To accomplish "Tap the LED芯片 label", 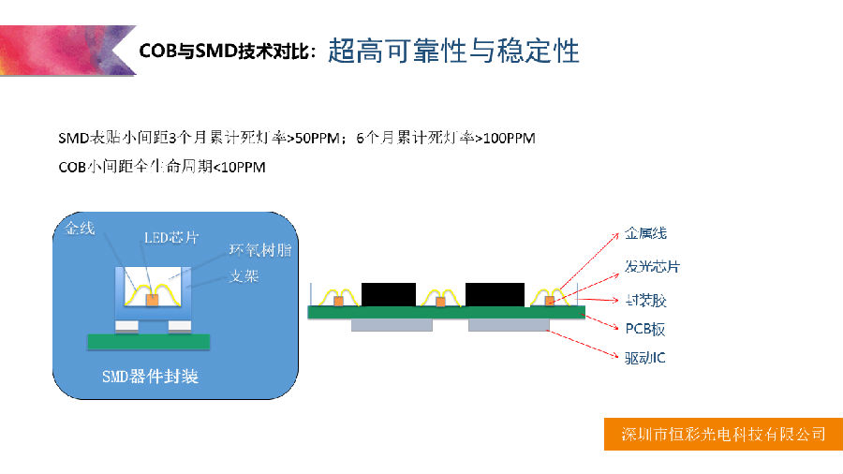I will click(171, 238).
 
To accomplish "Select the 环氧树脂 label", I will click(259, 251).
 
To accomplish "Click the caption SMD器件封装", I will click(150, 377).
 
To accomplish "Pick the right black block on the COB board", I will click(495, 293).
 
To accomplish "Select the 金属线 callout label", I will click(645, 233).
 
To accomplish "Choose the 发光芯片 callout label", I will click(652, 267).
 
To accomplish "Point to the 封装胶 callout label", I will click(645, 301).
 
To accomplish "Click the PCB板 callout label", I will click(644, 329).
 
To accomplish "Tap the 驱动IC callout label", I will click(644, 358).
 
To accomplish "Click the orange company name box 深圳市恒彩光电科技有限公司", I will click(723, 434).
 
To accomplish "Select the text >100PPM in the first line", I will click(505, 139).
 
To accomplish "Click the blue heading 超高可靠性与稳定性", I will click(453, 51).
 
